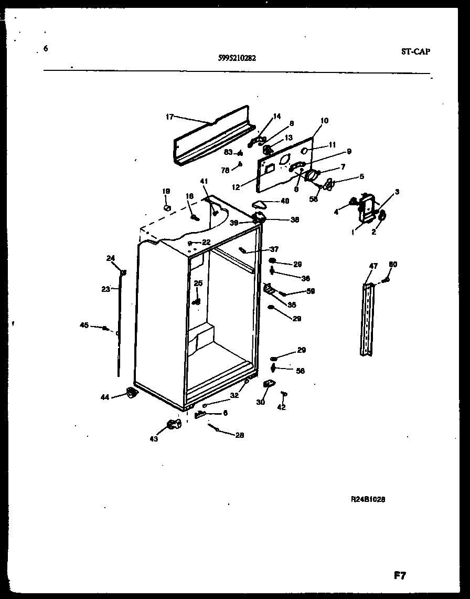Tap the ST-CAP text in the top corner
pyautogui.click(x=414, y=51)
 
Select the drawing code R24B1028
pyautogui.click(x=368, y=500)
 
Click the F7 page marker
pyautogui.click(x=400, y=575)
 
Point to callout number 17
pyautogui.click(x=169, y=117)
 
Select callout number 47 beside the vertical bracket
pyautogui.click(x=373, y=266)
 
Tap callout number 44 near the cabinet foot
pyautogui.click(x=105, y=397)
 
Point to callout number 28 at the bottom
pyautogui.click(x=240, y=435)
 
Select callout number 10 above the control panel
pyautogui.click(x=324, y=121)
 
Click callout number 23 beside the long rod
pyautogui.click(x=106, y=288)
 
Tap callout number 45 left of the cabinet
pyautogui.click(x=84, y=325)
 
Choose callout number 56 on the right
pyautogui.click(x=300, y=371)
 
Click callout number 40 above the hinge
pyautogui.click(x=285, y=201)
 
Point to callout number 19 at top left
pyautogui.click(x=166, y=191)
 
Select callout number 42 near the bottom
pyautogui.click(x=281, y=407)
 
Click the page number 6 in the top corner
pyautogui.click(x=46, y=48)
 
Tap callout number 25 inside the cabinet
pyautogui.click(x=198, y=283)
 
